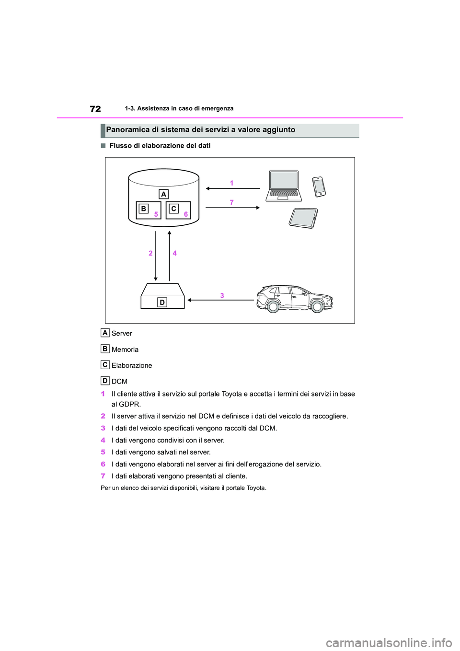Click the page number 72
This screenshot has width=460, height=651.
tap(95, 109)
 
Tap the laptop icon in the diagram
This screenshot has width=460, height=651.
tap(284, 186)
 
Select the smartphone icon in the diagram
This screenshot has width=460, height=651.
tap(319, 186)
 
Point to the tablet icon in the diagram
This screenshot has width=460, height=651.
tap(303, 218)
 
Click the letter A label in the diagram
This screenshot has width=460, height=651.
tap(164, 194)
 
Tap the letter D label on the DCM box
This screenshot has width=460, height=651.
tap(162, 302)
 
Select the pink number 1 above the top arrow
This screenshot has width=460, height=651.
tap(232, 183)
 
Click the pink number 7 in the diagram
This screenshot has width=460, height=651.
tap(232, 202)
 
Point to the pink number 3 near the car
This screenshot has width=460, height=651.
tap(222, 295)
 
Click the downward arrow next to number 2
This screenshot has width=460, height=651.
tap(156, 256)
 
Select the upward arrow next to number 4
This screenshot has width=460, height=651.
tap(169, 256)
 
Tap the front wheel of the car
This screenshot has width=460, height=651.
tap(317, 306)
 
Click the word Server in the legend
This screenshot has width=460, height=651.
tap(122, 334)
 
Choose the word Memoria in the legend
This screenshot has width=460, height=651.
tap(125, 350)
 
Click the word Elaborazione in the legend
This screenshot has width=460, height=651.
tap(132, 366)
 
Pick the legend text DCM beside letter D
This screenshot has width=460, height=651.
tap(119, 382)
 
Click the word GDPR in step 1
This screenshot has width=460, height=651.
tap(129, 404)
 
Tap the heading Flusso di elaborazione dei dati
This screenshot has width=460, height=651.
tap(160, 146)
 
